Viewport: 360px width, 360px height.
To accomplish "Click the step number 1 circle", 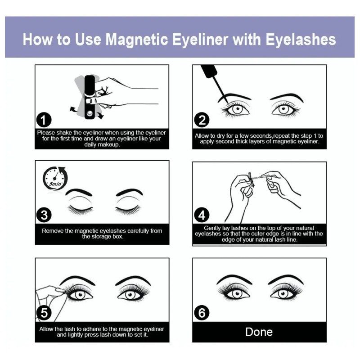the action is [44, 120].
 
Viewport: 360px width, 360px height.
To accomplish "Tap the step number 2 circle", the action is [202, 120].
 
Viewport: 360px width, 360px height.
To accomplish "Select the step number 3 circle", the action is [44, 215].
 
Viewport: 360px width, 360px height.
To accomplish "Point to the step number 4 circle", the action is [202, 215].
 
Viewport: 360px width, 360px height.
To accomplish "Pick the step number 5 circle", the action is [44, 313].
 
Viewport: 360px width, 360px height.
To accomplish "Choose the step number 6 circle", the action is [202, 313].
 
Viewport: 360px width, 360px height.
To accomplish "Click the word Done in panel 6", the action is [259, 332].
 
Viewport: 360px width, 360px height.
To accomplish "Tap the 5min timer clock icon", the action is [55, 178].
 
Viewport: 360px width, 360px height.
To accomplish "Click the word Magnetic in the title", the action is [137, 40].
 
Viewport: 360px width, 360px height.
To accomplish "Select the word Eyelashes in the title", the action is [301, 40].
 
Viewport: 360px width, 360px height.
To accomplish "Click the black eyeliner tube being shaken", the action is [90, 97].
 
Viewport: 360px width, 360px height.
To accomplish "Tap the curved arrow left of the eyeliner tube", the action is [73, 109].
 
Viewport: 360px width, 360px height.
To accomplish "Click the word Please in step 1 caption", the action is [46, 133].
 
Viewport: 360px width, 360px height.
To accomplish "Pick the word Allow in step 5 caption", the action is [46, 329].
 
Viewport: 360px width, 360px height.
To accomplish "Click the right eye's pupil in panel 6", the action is [283, 294].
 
